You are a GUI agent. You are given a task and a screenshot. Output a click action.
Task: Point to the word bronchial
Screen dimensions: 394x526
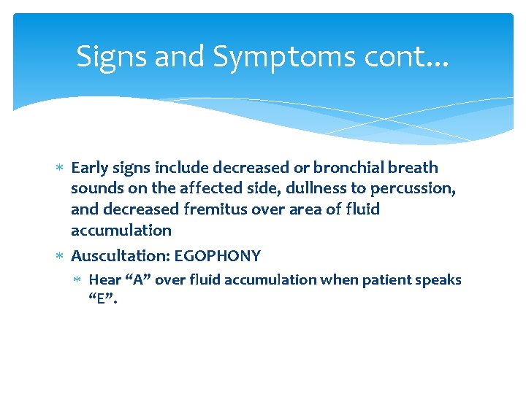[x=348, y=168]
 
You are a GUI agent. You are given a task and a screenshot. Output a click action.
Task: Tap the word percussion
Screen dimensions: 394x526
[x=413, y=189]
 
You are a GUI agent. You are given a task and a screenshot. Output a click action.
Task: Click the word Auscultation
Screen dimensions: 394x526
[x=120, y=256]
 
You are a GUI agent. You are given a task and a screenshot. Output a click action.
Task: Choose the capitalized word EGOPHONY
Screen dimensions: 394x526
[x=218, y=256]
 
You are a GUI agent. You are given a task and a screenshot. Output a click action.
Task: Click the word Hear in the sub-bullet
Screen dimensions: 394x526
[x=104, y=280]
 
